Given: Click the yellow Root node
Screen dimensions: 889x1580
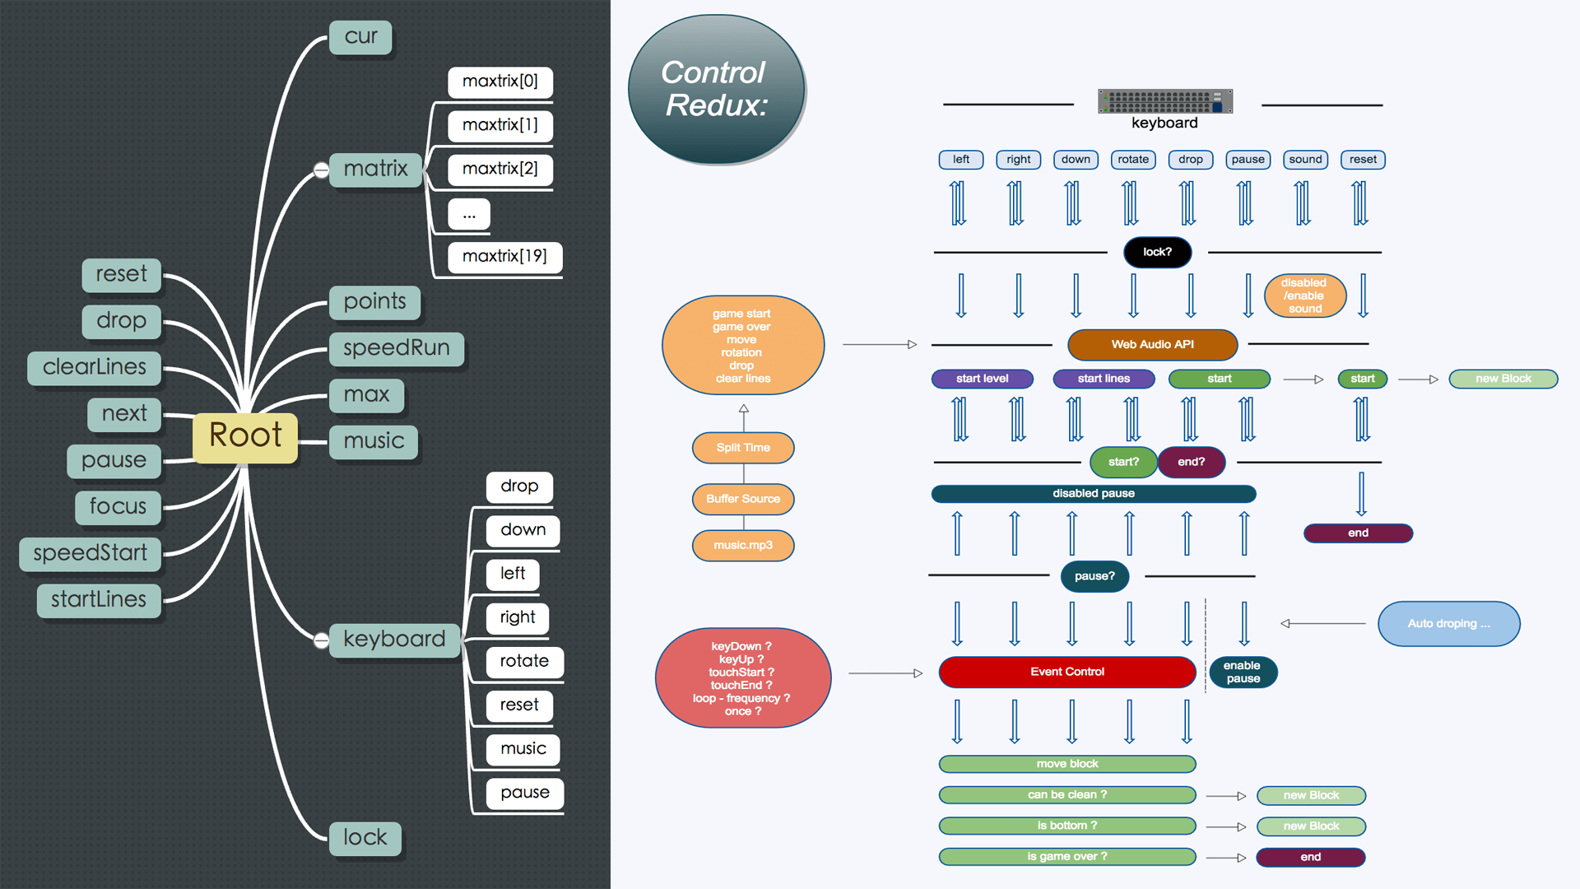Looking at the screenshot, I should pyautogui.click(x=245, y=436).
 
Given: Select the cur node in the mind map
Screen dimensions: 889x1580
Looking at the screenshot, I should pyautogui.click(x=360, y=37).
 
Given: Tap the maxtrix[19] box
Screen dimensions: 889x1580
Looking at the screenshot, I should pyautogui.click(x=504, y=257).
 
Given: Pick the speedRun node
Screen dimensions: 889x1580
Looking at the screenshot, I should pyautogui.click(x=397, y=348).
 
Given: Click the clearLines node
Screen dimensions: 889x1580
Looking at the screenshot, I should pyautogui.click(x=95, y=367).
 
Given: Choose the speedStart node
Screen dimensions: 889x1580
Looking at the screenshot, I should pyautogui.click(x=91, y=553).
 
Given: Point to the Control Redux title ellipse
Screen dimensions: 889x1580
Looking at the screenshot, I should pyautogui.click(x=715, y=89).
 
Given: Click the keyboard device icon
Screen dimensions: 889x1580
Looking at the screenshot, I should pyautogui.click(x=1164, y=101).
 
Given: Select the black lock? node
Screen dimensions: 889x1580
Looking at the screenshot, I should pyautogui.click(x=1157, y=252).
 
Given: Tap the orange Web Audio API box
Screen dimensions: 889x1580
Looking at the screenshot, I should pyautogui.click(x=1152, y=345).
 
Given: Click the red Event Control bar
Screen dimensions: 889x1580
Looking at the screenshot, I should pyautogui.click(x=1066, y=673).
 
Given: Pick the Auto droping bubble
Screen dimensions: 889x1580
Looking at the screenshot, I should pyautogui.click(x=1448, y=624).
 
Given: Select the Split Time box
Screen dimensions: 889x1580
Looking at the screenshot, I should pyautogui.click(x=743, y=448).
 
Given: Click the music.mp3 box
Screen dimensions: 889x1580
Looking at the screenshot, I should pyautogui.click(x=743, y=545).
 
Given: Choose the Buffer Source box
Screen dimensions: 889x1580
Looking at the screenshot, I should pyautogui.click(x=743, y=499).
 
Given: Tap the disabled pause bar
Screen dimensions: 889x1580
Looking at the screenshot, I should pyautogui.click(x=1093, y=494).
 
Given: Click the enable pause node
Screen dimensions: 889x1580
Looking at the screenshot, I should pyautogui.click(x=1243, y=673).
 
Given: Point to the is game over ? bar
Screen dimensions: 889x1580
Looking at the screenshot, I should pyautogui.click(x=1066, y=857).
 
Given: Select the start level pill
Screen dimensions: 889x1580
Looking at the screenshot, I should pyautogui.click(x=982, y=379).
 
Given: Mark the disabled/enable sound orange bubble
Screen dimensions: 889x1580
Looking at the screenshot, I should pyautogui.click(x=1305, y=296).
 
